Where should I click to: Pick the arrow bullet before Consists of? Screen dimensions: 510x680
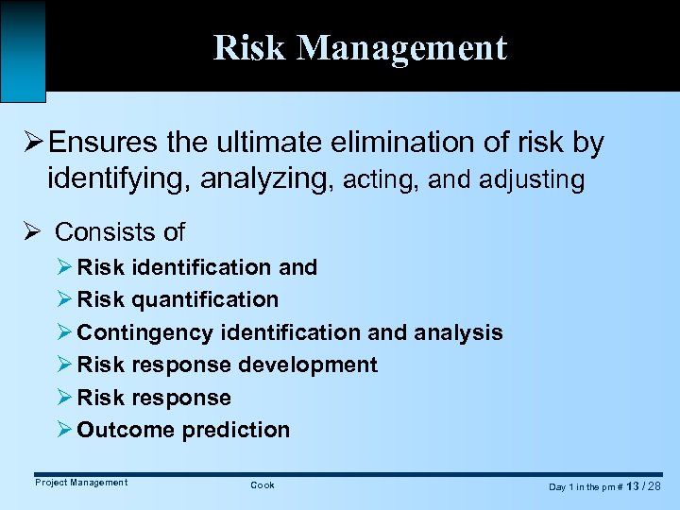click(33, 231)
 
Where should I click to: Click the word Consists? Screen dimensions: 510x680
click(95, 231)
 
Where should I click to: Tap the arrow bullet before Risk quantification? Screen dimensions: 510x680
click(65, 299)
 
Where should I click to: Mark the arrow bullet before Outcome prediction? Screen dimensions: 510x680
click(65, 430)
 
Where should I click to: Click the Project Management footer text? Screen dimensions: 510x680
click(81, 483)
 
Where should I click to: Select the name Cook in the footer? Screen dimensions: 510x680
click(263, 484)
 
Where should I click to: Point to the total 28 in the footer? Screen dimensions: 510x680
click(654, 485)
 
